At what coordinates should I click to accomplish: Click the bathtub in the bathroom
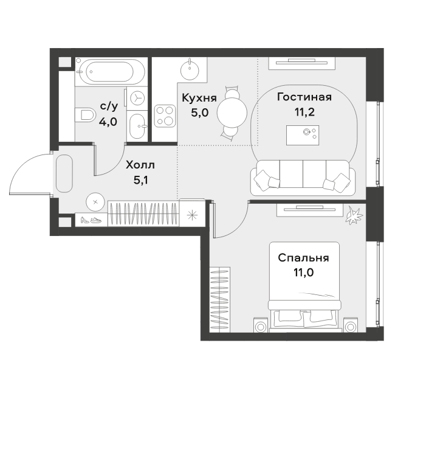[x=111, y=72]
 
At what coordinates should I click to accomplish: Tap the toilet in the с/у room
[x=84, y=114]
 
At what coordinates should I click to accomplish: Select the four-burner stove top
[x=165, y=116]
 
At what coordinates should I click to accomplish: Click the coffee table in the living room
[x=302, y=135]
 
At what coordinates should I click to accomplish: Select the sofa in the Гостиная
[x=303, y=177]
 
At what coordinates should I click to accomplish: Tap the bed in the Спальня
[x=304, y=287]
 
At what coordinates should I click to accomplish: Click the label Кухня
[x=199, y=98]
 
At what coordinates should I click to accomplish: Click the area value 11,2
[x=304, y=113]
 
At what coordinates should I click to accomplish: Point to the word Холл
[x=140, y=165]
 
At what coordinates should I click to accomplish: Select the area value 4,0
[x=108, y=122]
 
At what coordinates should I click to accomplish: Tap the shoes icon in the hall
[x=91, y=220]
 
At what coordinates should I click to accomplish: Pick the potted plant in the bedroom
[x=354, y=215]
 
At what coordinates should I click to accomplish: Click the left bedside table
[x=262, y=325]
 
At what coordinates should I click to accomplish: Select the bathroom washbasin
[x=138, y=126]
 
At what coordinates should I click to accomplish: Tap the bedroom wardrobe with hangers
[x=220, y=299]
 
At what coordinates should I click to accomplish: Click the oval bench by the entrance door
[x=64, y=173]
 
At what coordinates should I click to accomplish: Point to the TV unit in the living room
[x=302, y=63]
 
